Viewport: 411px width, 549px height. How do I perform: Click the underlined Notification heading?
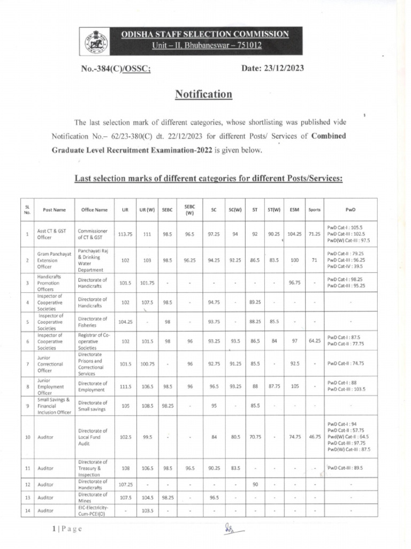(x=204, y=95)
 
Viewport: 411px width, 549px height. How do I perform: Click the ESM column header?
(x=294, y=210)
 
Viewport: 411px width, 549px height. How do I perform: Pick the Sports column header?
(x=314, y=210)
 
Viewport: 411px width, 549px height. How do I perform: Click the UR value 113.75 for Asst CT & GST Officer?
(x=125, y=234)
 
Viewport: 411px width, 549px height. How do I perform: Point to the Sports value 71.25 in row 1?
(x=314, y=234)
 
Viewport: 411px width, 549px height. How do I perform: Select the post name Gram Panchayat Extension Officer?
(x=51, y=259)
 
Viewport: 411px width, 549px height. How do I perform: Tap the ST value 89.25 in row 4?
(x=255, y=302)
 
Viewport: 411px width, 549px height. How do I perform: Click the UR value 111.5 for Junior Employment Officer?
(x=125, y=386)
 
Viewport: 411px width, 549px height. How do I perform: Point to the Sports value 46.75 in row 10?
(x=314, y=437)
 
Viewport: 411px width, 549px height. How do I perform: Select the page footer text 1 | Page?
(x=67, y=529)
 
